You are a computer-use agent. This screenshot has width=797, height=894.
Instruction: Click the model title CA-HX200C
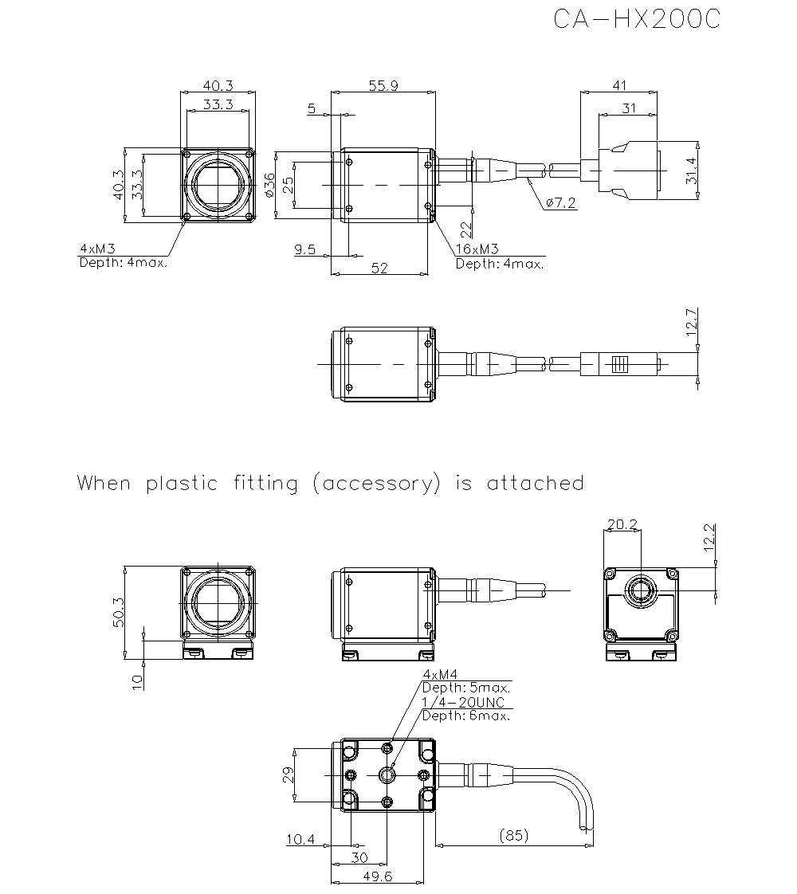click(x=637, y=20)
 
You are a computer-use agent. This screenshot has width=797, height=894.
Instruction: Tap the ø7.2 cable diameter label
click(x=561, y=203)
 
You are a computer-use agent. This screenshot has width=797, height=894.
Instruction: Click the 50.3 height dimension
click(x=117, y=612)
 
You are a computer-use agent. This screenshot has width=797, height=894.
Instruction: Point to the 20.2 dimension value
click(x=622, y=524)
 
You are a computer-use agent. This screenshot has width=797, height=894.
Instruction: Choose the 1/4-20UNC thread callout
click(x=462, y=702)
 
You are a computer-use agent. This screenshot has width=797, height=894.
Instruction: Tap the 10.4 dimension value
click(x=300, y=839)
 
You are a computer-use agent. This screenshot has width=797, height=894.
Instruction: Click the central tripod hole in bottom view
click(x=387, y=774)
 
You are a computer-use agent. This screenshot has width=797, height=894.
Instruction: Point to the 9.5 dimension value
click(x=304, y=249)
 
